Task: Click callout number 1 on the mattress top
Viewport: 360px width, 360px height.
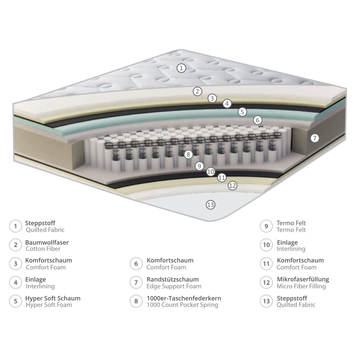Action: coord(181,68)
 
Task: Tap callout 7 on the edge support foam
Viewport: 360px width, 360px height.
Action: coord(315,138)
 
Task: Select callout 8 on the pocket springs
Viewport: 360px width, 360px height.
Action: coord(188,154)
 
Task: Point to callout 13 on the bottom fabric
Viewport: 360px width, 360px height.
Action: coord(211,205)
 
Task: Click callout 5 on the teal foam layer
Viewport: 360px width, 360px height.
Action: coord(242,112)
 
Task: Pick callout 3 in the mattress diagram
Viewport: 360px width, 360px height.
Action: coord(212,98)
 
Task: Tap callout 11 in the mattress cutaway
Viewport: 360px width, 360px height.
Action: coord(222,178)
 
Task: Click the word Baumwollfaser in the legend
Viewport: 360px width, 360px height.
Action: coord(47,243)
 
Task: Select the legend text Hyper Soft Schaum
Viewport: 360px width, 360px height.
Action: coord(53,298)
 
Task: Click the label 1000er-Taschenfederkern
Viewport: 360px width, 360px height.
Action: coord(184,298)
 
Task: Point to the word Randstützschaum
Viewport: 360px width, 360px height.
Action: coord(173,279)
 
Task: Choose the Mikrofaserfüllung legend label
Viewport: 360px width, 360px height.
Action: coord(303,279)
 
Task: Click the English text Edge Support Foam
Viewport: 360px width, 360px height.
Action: coord(174,286)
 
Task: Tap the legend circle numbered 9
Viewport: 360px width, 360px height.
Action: coord(266,226)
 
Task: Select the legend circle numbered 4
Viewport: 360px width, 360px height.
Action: coord(15,282)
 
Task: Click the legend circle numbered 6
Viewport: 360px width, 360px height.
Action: coord(136,264)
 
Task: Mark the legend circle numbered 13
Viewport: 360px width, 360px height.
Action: coord(266,301)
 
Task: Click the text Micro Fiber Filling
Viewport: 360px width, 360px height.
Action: coord(301,286)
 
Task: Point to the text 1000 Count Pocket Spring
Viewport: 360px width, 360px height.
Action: coord(182,305)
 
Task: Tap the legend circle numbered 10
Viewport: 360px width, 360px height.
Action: coord(266,245)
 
